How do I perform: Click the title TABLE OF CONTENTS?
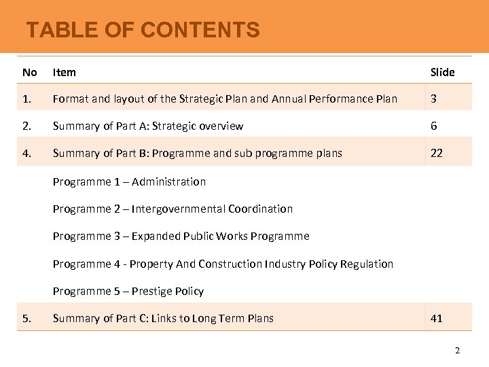pos(143,30)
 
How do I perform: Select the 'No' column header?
pos(29,72)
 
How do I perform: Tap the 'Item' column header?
pos(65,72)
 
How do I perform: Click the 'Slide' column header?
pos(442,72)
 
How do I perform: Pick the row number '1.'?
pos(26,99)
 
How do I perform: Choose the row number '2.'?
pos(26,126)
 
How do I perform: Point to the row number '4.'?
pos(26,154)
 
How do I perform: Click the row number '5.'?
pos(26,318)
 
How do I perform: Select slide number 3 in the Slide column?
pos(434,99)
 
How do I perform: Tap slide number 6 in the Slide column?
pos(434,126)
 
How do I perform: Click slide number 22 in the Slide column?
pos(437,154)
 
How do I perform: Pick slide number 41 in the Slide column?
pos(437,318)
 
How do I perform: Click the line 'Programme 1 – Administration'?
pos(129,181)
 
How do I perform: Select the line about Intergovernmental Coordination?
pos(173,209)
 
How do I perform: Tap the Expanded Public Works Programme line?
pos(181,236)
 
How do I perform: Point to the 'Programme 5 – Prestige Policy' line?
pos(128,291)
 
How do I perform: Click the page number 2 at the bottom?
pos(457,351)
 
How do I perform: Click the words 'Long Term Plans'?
pos(233,318)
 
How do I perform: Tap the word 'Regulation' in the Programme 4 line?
pos(367,264)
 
